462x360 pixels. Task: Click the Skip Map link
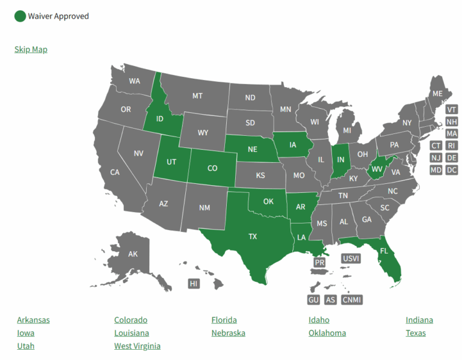point(31,49)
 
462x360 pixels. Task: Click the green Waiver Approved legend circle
point(20,16)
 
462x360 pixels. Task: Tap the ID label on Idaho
point(160,119)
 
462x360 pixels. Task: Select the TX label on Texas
point(253,237)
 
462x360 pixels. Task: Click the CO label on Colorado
point(212,168)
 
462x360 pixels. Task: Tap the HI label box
point(194,284)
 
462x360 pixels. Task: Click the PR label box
point(319,263)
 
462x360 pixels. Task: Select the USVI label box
point(351,258)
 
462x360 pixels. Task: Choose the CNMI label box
point(352,299)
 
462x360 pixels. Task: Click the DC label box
point(452,170)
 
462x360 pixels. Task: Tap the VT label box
point(452,109)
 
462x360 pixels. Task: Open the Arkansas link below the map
point(34,320)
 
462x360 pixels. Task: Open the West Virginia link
point(137,346)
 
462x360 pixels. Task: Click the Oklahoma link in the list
point(327,333)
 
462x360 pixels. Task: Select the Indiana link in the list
point(419,320)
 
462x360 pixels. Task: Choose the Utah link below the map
point(26,346)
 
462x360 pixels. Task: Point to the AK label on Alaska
point(133,254)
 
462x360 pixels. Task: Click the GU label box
point(313,299)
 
